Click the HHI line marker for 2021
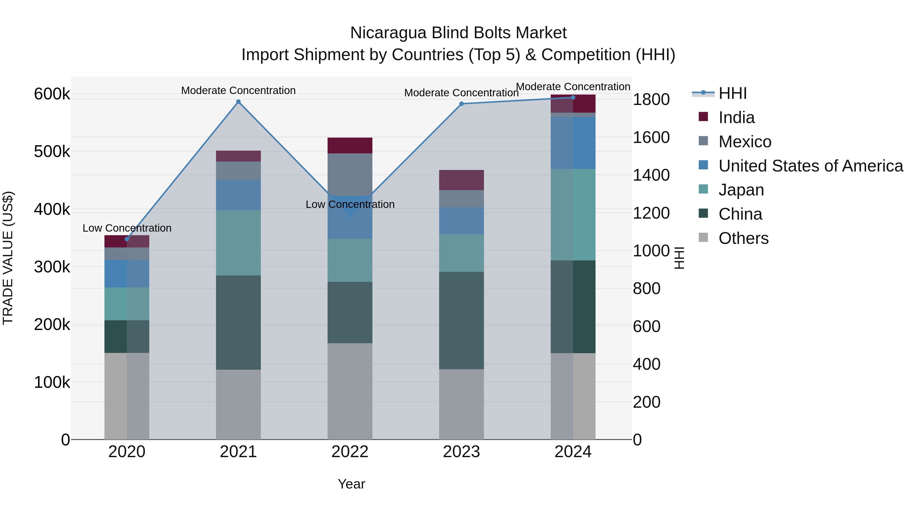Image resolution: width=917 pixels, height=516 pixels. tap(238, 102)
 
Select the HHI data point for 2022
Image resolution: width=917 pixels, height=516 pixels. tap(350, 215)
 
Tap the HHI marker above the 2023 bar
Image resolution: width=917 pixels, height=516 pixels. tap(461, 104)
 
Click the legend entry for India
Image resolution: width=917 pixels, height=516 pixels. tap(736, 117)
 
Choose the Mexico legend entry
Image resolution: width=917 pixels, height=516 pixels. tap(745, 142)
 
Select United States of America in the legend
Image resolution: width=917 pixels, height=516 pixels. tap(811, 166)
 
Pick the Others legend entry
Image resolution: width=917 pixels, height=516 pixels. tap(743, 238)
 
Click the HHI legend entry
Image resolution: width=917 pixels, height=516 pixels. tap(732, 93)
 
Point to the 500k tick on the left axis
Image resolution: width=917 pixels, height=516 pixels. tap(52, 152)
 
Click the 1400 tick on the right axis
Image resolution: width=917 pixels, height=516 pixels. tap(651, 175)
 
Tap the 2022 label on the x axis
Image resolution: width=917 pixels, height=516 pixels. tap(350, 452)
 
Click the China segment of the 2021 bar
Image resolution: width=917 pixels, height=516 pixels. tap(238, 322)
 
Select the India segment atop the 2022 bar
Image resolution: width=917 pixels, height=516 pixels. tap(350, 145)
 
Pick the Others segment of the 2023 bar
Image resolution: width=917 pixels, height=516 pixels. tap(461, 404)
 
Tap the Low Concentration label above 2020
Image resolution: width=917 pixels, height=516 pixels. tap(127, 228)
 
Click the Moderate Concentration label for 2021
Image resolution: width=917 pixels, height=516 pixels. tap(238, 90)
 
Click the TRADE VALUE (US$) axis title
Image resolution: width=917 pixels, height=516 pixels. tap(8, 258)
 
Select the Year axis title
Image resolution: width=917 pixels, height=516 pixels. tap(351, 484)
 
